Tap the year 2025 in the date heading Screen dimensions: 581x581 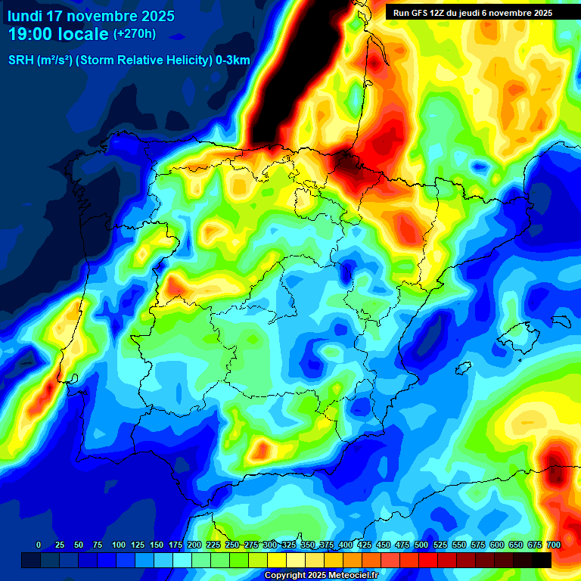click(x=152, y=16)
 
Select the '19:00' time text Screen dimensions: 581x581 click(x=30, y=34)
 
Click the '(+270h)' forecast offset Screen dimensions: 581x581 click(x=135, y=34)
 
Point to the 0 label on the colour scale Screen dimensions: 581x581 click(x=39, y=545)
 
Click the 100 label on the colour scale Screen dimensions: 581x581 click(x=119, y=545)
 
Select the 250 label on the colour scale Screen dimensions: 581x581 click(x=232, y=545)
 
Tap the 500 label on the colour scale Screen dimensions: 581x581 click(x=421, y=545)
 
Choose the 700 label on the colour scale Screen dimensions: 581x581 click(x=553, y=545)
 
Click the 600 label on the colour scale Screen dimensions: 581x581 click(x=497, y=545)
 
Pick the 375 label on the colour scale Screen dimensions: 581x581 click(x=327, y=545)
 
